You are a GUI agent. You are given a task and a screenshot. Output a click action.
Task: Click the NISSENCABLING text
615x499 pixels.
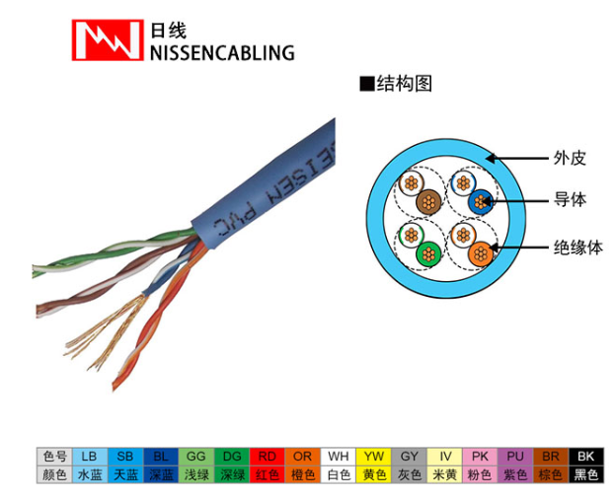point(222,52)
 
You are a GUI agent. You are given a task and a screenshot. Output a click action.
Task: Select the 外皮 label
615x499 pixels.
point(570,158)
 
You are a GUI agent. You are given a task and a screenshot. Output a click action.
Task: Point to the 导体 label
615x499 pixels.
point(570,200)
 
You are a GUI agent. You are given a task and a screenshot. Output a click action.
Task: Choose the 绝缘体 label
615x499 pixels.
point(577,248)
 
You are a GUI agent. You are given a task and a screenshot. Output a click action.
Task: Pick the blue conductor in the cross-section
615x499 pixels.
point(481,202)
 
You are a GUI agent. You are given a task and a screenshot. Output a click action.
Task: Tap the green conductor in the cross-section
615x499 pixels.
point(426,253)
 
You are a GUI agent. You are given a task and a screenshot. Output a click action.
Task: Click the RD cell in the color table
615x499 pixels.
point(266,456)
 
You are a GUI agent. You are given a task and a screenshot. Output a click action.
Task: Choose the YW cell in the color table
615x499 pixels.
point(374,456)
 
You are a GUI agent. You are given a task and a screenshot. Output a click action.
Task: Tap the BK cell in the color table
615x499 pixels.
point(586,456)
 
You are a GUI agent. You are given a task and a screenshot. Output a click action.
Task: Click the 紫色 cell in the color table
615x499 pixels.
point(514,474)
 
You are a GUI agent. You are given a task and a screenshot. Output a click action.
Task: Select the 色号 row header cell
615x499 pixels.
point(54,456)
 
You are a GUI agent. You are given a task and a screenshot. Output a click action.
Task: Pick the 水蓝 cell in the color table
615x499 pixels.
point(90,474)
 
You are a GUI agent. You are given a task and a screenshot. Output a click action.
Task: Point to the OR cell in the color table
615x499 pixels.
point(302,456)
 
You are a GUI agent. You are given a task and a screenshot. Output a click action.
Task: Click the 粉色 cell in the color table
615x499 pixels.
point(480,474)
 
